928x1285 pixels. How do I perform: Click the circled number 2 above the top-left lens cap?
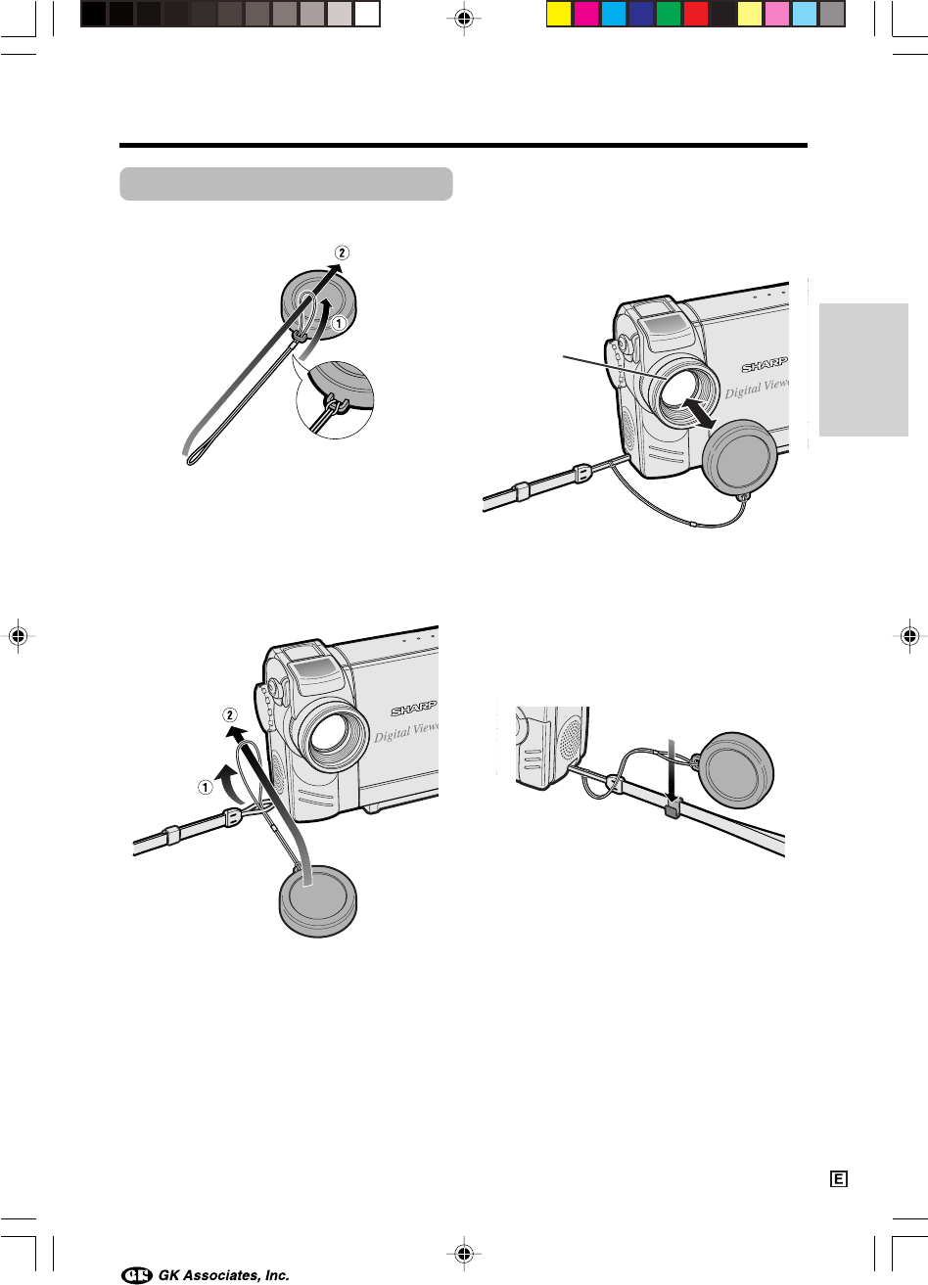342,252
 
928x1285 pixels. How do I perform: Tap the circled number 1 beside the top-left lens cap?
339,324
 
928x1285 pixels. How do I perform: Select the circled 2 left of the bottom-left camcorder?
230,714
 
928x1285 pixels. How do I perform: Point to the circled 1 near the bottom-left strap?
205,788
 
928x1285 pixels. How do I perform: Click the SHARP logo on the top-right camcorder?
765,365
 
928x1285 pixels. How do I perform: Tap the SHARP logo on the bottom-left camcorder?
414,709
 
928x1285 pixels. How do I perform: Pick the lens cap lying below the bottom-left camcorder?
317,900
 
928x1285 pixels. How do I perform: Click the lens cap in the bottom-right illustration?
737,770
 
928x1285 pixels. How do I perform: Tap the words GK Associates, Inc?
224,1275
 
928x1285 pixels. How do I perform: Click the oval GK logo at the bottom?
137,1275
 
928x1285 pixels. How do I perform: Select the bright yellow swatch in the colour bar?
558,15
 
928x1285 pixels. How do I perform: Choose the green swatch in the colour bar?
668,15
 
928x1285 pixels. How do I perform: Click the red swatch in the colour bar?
696,15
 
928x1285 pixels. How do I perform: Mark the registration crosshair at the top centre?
464,19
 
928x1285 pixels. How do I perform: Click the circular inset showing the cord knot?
335,400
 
